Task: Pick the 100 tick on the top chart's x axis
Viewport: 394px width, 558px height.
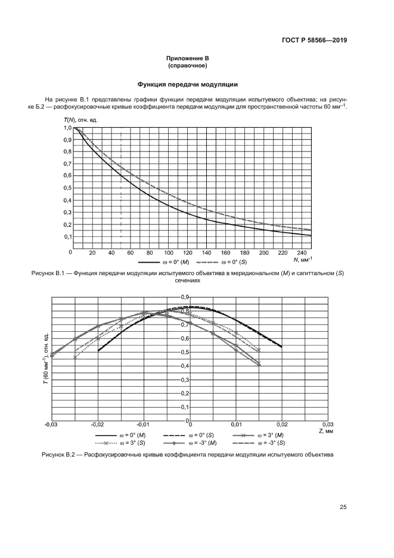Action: tap(168, 253)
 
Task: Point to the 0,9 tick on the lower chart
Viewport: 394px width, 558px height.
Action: tap(184, 297)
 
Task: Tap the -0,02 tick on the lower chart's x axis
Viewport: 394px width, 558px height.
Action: tap(97, 425)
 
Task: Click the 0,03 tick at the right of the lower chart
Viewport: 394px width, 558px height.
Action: tap(328, 425)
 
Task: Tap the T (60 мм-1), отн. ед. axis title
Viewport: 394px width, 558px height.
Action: tap(46, 360)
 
